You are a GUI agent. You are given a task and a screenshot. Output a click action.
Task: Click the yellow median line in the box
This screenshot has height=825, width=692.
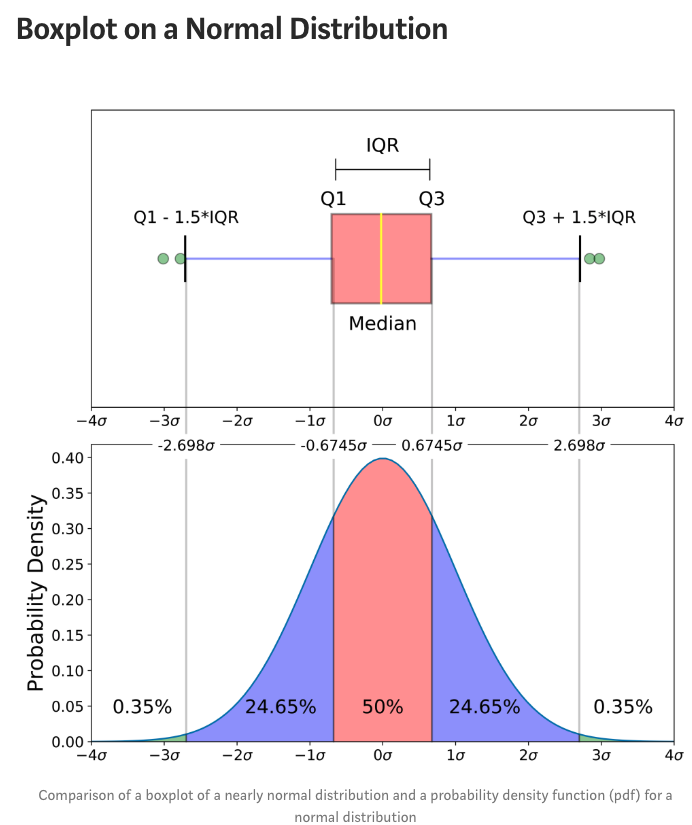(381, 258)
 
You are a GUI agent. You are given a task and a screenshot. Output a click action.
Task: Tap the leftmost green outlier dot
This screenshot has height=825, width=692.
(163, 259)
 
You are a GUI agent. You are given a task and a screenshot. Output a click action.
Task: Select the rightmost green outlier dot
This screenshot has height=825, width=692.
(599, 258)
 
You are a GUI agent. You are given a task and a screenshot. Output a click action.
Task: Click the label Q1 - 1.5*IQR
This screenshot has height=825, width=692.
(186, 217)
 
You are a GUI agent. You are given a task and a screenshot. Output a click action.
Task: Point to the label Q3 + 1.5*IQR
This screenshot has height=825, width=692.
(579, 217)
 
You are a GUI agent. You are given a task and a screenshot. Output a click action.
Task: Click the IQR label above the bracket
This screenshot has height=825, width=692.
(382, 145)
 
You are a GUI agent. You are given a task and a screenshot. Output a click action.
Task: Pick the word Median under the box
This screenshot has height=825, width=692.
(382, 324)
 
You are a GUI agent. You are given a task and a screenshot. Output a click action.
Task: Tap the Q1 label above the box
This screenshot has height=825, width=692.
(333, 199)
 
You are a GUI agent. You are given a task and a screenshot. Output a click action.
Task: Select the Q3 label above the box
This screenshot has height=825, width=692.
(431, 199)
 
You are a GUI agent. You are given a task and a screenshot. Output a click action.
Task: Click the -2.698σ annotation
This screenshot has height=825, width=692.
(186, 444)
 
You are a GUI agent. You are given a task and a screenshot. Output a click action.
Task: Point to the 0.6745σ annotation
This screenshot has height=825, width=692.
(432, 444)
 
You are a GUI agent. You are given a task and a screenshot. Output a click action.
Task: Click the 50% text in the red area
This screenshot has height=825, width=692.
(382, 707)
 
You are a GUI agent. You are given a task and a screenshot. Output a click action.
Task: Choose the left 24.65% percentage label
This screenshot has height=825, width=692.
(280, 707)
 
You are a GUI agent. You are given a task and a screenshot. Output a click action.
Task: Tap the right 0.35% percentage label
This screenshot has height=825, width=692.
(622, 707)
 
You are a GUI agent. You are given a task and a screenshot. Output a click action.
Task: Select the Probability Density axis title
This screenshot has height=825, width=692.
(37, 591)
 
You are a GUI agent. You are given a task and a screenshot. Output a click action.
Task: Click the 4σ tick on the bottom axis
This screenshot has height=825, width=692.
(673, 758)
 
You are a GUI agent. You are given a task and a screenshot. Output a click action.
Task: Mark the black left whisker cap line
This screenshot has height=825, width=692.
(186, 258)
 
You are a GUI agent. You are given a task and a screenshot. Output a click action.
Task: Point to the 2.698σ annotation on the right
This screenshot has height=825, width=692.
(579, 444)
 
